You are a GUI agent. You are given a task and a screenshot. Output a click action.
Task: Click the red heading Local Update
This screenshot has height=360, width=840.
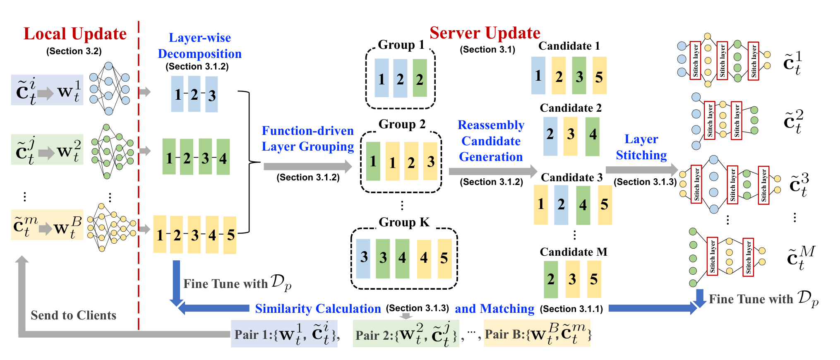point(75,34)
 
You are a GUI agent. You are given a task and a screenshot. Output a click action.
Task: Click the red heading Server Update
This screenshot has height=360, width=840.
point(485,33)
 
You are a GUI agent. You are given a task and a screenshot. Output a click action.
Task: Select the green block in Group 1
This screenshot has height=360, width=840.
point(420,78)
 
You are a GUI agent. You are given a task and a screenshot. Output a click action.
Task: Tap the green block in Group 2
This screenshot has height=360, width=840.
point(373,161)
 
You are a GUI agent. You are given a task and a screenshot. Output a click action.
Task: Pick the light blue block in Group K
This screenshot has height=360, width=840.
point(363,258)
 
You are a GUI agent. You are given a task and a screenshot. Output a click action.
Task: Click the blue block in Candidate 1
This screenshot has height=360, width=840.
point(538,75)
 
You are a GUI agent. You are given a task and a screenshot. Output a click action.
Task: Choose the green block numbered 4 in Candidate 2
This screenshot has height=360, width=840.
point(593,137)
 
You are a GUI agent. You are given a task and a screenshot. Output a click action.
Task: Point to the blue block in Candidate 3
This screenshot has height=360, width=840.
point(561,205)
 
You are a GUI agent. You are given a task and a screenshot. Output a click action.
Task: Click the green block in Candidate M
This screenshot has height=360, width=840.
point(551,279)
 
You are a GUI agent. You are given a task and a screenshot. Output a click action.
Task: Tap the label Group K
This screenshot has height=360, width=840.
point(404,222)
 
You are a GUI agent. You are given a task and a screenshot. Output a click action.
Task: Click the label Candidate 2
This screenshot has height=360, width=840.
point(571,108)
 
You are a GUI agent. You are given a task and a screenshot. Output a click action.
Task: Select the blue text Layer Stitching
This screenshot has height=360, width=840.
point(641,147)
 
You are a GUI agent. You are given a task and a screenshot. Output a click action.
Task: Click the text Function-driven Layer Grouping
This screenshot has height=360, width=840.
point(308,139)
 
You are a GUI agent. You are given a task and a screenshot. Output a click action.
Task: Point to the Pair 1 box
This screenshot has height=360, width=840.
point(284,334)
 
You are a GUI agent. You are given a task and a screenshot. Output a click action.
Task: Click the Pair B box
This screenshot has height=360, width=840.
point(537,333)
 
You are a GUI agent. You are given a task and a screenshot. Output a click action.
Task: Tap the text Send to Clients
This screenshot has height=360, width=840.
point(74,315)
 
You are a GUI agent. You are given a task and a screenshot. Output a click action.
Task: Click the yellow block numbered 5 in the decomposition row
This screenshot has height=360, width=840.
point(230,235)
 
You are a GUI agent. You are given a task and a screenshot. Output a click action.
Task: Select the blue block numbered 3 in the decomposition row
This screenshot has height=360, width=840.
point(211,95)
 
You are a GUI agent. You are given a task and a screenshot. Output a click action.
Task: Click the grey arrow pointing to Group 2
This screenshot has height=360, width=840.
point(308,166)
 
